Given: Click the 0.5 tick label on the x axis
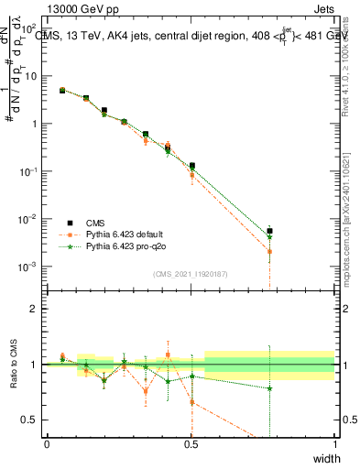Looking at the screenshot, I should click(191, 444).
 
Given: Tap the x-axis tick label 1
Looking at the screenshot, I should click(335, 444).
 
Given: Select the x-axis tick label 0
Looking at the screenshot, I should click(47, 444).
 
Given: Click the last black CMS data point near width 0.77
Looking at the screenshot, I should click(269, 232).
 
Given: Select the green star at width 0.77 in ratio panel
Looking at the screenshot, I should click(269, 388).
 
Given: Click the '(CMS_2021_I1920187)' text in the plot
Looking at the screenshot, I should click(191, 274).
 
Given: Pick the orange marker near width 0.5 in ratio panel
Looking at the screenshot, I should click(191, 402).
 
